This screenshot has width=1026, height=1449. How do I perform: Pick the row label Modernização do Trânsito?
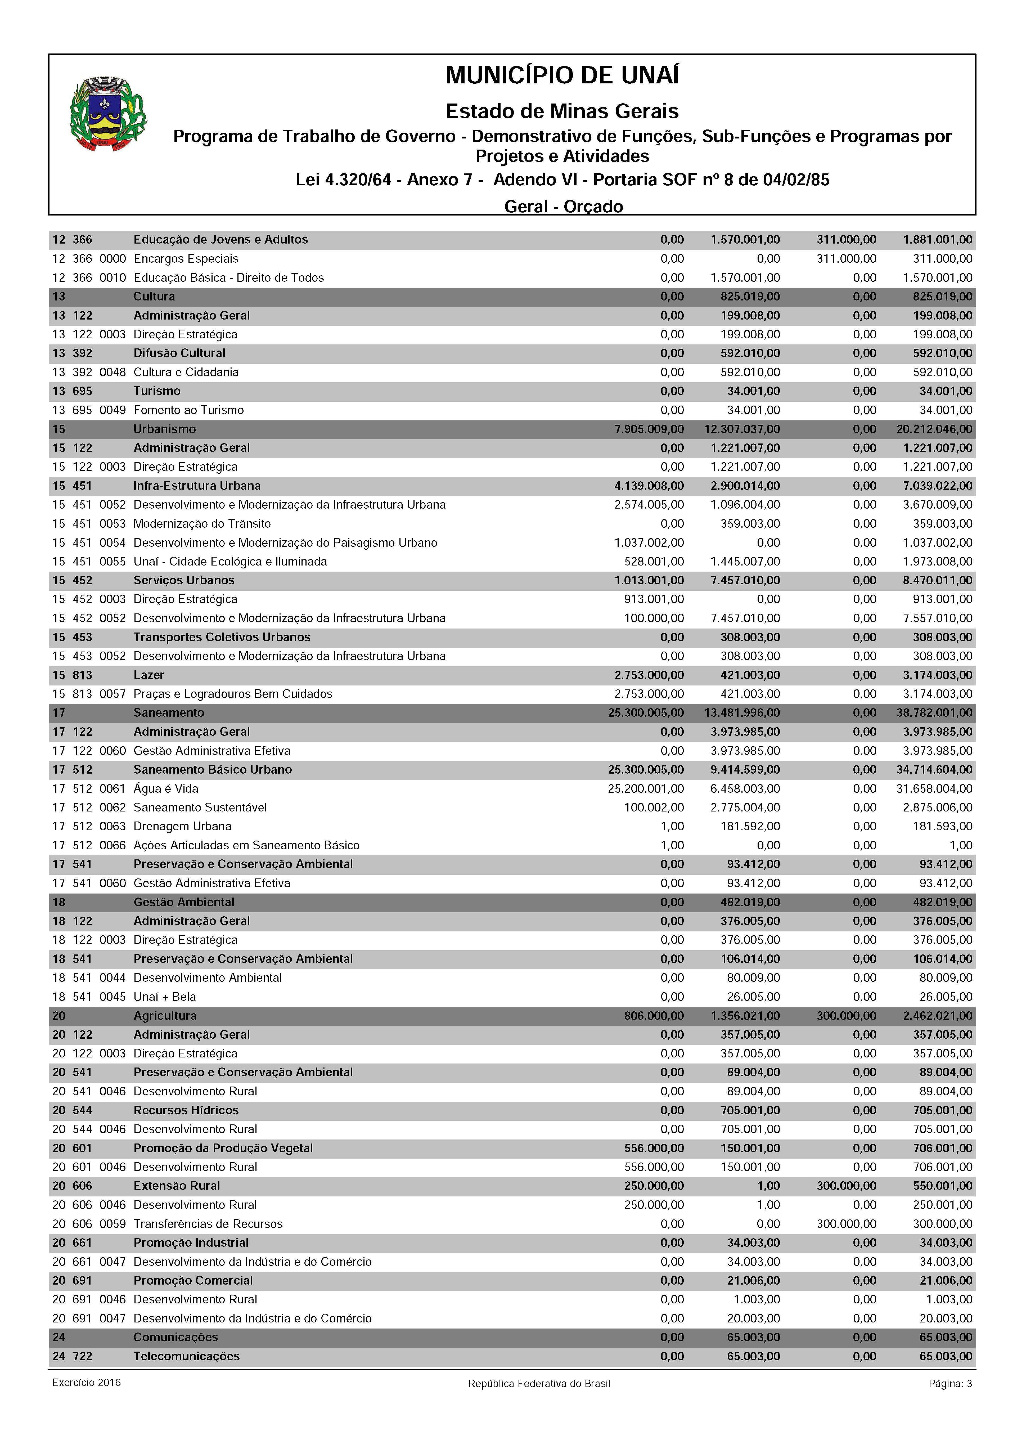pyautogui.click(x=201, y=524)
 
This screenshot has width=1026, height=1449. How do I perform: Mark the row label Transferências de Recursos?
pyautogui.click(x=208, y=1224)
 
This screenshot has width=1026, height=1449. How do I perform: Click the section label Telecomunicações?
pyautogui.click(x=186, y=1356)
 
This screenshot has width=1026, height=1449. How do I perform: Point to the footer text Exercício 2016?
pyautogui.click(x=87, y=1383)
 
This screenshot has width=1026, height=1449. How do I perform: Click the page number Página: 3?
pyautogui.click(x=949, y=1384)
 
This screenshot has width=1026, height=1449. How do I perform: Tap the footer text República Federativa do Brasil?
pyautogui.click(x=539, y=1384)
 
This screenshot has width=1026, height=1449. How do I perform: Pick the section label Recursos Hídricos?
pyautogui.click(x=186, y=1110)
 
